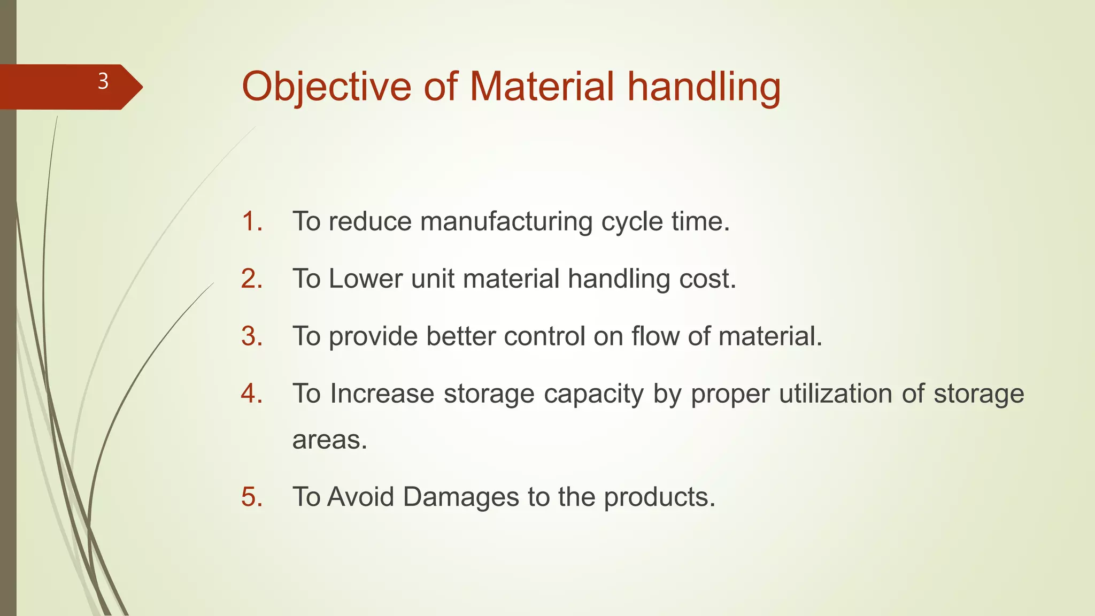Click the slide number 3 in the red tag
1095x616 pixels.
tap(103, 82)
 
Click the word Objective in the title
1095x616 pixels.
tap(326, 87)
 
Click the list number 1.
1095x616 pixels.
tap(251, 221)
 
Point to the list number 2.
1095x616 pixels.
tap(251, 279)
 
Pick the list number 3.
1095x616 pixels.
tap(251, 336)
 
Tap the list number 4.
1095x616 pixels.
tap(251, 394)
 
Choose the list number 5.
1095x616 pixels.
tap(251, 497)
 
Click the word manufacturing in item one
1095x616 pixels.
tap(506, 221)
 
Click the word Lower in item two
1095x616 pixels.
tap(366, 279)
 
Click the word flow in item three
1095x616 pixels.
tap(655, 336)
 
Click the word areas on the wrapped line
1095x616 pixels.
tap(329, 440)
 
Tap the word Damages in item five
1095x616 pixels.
tap(460, 497)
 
